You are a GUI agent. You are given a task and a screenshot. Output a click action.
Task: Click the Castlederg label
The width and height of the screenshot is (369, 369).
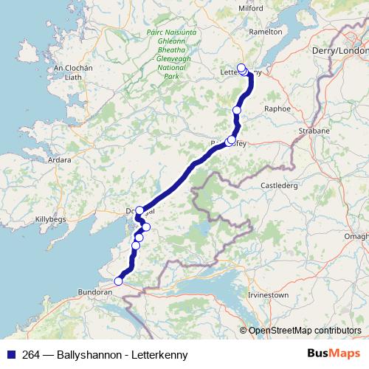279,185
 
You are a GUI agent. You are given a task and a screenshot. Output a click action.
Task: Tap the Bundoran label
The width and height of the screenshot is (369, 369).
95,292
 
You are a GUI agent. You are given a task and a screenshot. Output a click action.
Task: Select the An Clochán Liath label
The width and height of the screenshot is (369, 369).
73,72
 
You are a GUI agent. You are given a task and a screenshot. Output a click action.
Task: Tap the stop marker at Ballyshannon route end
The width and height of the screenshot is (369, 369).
119,280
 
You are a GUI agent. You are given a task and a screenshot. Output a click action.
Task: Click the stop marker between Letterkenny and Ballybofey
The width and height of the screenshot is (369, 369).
237,110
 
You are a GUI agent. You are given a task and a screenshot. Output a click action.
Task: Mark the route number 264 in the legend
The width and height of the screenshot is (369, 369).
31,355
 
